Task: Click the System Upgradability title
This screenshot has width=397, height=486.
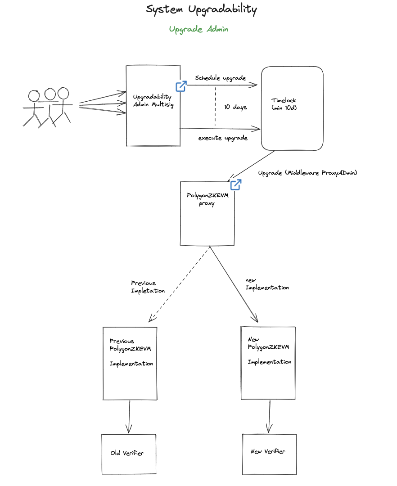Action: pos(201,9)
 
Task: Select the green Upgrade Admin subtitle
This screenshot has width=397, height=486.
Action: pos(198,29)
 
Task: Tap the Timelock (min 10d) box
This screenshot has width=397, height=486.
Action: pos(292,108)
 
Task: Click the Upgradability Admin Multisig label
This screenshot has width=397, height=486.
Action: pos(153,101)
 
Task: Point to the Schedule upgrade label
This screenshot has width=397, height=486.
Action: pos(221,78)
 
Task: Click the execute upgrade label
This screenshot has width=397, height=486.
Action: pos(223,138)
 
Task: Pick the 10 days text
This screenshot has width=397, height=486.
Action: pos(235,107)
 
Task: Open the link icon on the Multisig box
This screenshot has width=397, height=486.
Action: pos(181,86)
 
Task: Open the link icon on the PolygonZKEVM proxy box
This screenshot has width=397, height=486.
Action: pos(236,184)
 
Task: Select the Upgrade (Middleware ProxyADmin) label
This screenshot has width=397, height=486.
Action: pos(307,173)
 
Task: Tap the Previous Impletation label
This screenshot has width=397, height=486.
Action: pos(148,287)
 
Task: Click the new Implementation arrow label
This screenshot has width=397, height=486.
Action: pos(267,284)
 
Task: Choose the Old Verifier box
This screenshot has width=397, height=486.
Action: pos(129,454)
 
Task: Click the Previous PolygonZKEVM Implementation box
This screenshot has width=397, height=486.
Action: pos(130,363)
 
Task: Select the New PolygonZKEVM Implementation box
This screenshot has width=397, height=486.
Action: pos(268,362)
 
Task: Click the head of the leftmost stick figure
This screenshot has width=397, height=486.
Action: pos(34,96)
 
